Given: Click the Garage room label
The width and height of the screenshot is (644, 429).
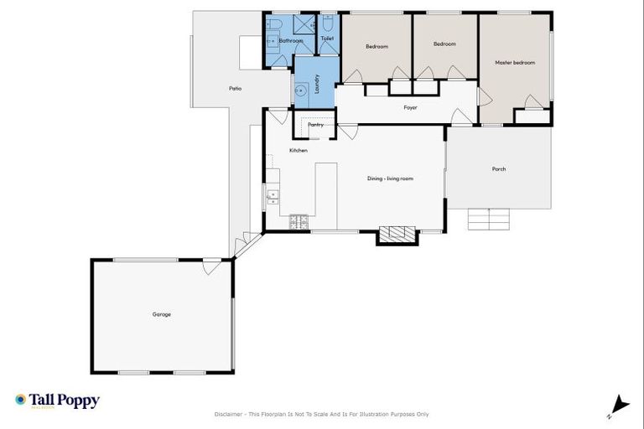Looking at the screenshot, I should [x=162, y=314].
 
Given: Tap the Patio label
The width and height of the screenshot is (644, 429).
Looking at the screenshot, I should [x=236, y=88].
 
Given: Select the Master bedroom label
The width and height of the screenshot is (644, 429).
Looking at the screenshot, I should [x=514, y=63].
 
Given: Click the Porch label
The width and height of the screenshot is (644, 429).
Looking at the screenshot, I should [x=499, y=169].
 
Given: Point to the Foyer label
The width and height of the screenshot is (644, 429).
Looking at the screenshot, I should [x=410, y=107].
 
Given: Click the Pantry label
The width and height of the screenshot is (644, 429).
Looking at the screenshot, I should [x=315, y=125].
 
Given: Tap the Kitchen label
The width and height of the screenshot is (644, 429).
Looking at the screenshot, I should [x=299, y=150].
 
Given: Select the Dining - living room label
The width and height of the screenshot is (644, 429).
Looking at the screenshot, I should [x=390, y=178].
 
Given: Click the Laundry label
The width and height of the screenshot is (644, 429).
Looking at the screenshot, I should [x=317, y=83].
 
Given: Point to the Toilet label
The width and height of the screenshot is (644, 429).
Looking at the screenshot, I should [x=327, y=39].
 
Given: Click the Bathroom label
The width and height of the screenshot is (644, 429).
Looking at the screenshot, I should [x=291, y=40].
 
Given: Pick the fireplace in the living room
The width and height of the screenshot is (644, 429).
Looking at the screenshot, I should [x=397, y=234].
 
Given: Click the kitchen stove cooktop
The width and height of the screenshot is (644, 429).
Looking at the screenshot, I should [x=299, y=222].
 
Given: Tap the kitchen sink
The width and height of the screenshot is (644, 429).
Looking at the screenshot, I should [x=273, y=198].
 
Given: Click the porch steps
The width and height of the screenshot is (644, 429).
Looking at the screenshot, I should [x=488, y=219].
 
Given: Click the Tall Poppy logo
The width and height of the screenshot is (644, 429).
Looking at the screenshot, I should [x=57, y=401].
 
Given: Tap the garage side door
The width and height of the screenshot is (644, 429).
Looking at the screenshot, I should [x=212, y=267].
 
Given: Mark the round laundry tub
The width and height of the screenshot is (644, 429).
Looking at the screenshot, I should [x=299, y=91].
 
